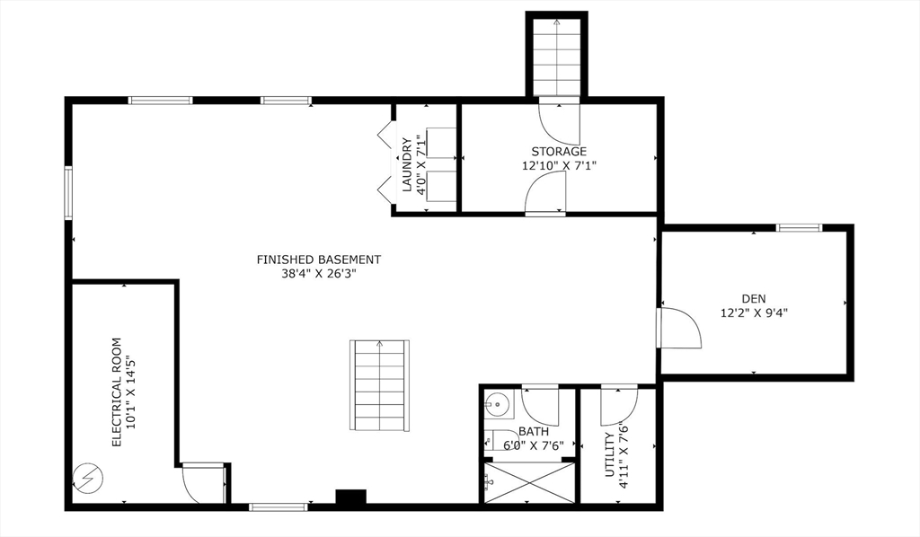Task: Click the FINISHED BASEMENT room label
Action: pos(319,260)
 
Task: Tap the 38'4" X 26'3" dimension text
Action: pos(319,275)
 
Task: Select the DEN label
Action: pos(754,298)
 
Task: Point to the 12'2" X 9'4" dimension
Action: pos(754,313)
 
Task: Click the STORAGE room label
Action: pos(559,151)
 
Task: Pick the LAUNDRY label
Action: pos(407,164)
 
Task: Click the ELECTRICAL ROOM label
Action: pos(116,392)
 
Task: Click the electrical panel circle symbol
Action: pos(87,479)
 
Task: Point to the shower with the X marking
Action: pos(529,482)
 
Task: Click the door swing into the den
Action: pos(678,328)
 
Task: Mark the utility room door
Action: pos(619,405)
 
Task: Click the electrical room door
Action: pos(201,482)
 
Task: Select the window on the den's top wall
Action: pos(799,228)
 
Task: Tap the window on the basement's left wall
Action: pos(68,192)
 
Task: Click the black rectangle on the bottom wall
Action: pos(351,497)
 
